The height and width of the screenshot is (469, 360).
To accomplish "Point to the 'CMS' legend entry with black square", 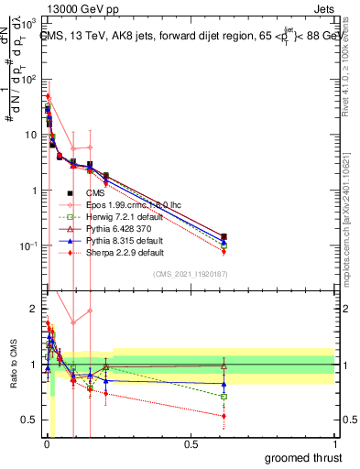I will click(x=95, y=192).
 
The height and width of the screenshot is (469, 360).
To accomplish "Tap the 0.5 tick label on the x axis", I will click(x=191, y=444).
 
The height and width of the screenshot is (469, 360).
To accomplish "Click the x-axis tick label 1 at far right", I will click(x=333, y=444).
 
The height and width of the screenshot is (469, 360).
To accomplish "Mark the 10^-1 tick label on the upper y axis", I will click(x=27, y=246).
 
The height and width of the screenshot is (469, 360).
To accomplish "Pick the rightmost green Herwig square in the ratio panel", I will click(x=224, y=397).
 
